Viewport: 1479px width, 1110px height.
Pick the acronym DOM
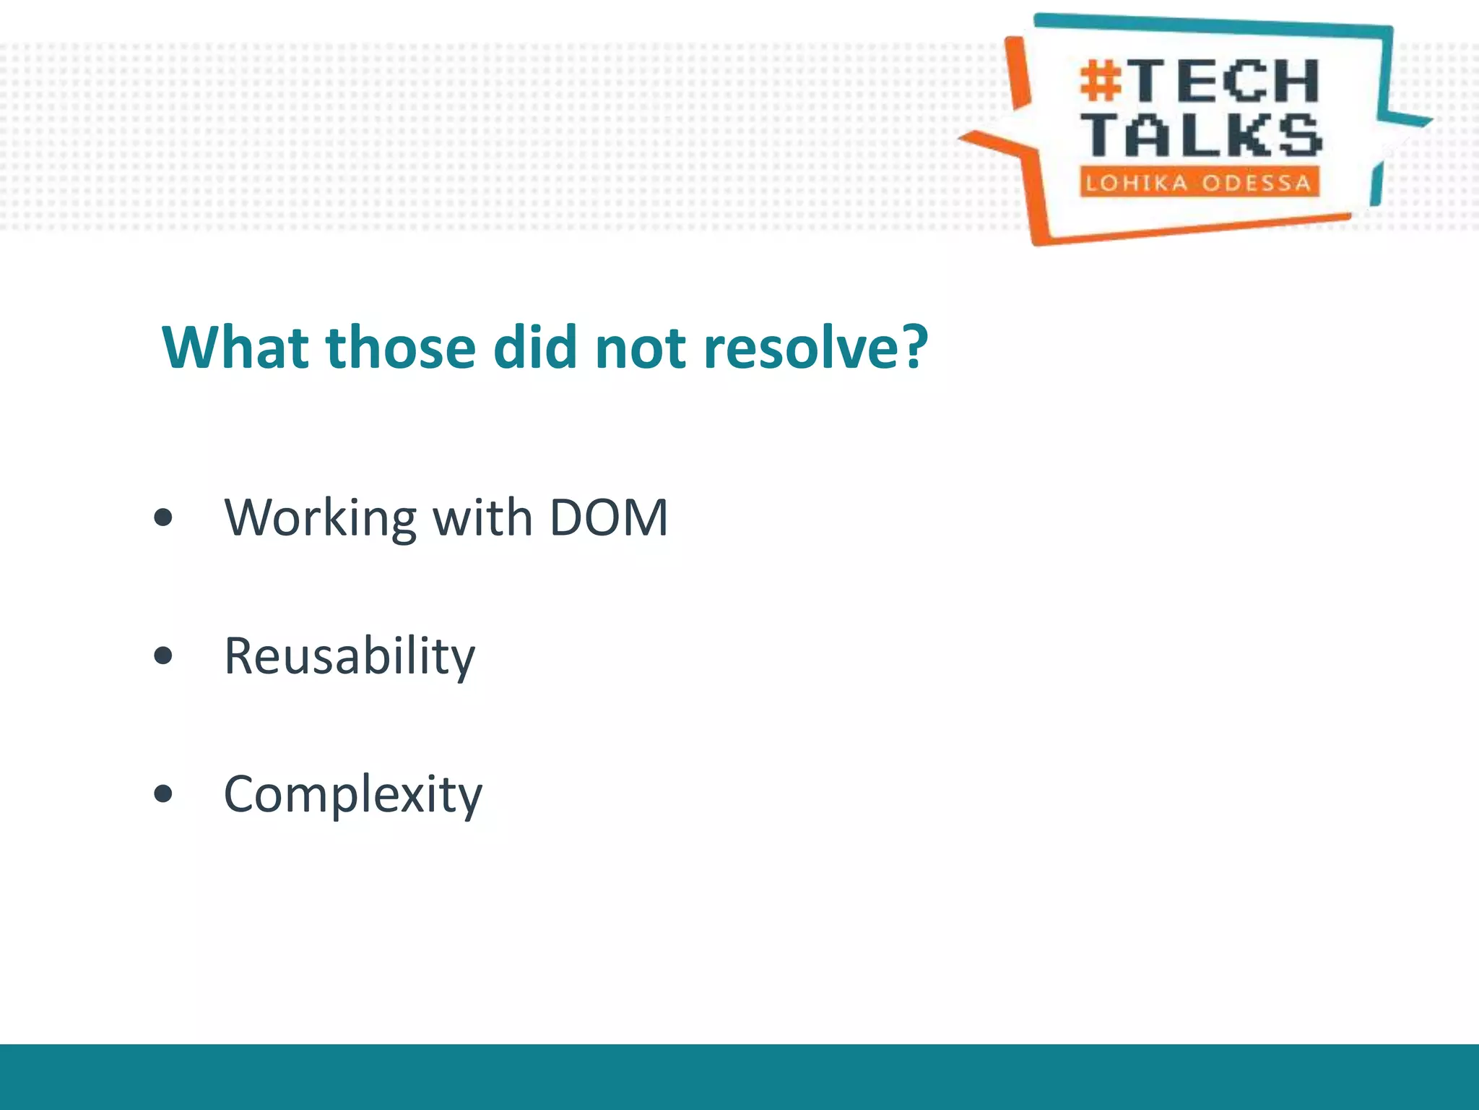609,517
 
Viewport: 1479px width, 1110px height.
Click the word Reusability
350,656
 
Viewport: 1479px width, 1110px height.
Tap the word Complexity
352,794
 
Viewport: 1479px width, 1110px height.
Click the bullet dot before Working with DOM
164,517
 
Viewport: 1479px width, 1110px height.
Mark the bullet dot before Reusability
164,655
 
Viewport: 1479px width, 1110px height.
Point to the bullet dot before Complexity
164,793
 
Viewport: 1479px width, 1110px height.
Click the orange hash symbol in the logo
1101,80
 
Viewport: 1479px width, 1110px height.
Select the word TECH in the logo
1226,81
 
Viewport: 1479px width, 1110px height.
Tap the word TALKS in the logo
1202,135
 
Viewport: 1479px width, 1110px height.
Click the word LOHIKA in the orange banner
1137,183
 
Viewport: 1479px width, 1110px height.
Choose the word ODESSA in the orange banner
1256,183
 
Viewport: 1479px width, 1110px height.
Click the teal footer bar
739,1077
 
